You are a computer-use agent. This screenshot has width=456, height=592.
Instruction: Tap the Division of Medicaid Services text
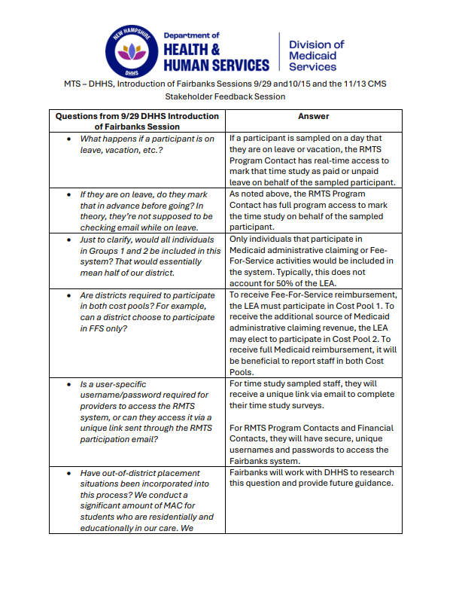click(316, 56)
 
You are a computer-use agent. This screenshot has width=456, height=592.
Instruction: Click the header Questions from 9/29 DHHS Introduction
click(138, 117)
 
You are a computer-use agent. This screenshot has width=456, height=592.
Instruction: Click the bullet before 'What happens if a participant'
click(69, 139)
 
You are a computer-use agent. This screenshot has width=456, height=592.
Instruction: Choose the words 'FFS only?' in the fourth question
click(102, 328)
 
